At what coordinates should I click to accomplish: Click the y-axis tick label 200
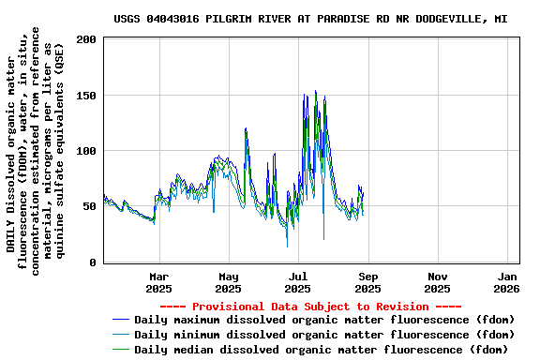click(86, 39)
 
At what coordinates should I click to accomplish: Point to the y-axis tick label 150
click(86, 95)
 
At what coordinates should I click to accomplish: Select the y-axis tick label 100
click(86, 151)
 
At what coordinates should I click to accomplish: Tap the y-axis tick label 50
click(89, 206)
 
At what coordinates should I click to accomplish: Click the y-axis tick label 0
click(93, 262)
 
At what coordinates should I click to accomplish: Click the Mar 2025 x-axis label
click(159, 283)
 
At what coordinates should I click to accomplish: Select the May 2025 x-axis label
click(229, 283)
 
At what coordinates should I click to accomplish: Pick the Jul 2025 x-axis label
click(298, 283)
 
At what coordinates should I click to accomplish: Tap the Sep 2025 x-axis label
click(368, 283)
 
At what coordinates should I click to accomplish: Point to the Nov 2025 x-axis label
click(438, 283)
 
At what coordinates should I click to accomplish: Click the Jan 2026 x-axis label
click(507, 283)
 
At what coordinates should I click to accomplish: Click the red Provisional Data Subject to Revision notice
click(310, 307)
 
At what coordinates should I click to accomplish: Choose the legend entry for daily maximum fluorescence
click(324, 320)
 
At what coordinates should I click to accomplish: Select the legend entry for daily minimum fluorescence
click(324, 335)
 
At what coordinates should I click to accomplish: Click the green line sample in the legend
click(121, 350)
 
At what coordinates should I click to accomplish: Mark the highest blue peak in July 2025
click(315, 91)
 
